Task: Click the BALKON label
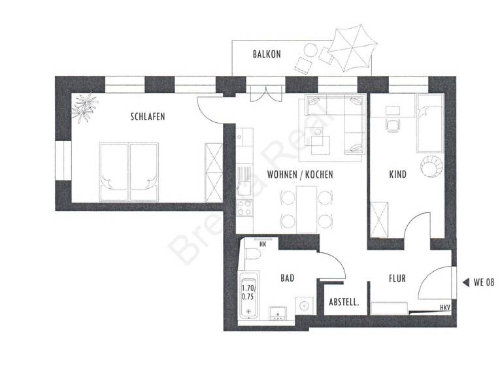coord(267,54)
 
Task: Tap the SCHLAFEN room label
coord(147,117)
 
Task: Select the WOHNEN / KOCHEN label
coord(300,175)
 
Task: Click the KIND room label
coord(397,175)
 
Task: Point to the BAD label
coord(287,278)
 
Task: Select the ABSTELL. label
coord(346,303)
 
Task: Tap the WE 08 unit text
coord(485,282)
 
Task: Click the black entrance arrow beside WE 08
coord(465,282)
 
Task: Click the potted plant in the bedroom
coord(85,107)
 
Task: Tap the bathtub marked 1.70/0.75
coord(249,291)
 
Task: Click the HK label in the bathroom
coord(263,244)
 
